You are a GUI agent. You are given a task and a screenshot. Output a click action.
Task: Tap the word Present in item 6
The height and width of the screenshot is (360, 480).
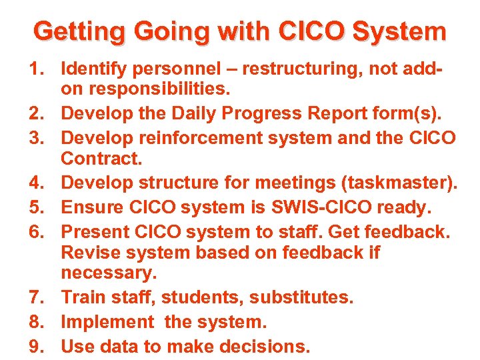(95, 232)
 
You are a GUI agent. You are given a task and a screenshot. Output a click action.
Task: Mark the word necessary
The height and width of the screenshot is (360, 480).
(109, 273)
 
